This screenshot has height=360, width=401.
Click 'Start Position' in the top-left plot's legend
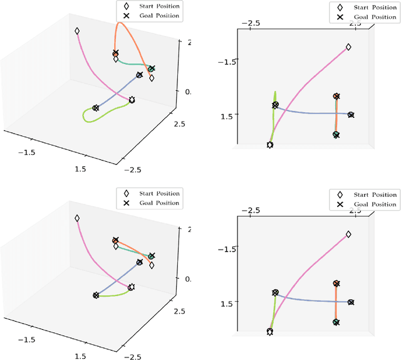154,5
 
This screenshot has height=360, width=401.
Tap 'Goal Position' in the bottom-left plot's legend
155,203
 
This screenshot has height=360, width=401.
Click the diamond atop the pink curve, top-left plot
77,31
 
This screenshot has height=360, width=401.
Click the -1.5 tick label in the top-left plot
26,152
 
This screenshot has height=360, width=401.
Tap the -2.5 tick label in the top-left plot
133,169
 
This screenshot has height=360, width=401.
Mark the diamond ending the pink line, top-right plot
348,47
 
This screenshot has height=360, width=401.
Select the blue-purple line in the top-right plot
313,114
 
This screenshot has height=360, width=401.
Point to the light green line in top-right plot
273,119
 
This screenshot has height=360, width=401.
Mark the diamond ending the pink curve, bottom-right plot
348,235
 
